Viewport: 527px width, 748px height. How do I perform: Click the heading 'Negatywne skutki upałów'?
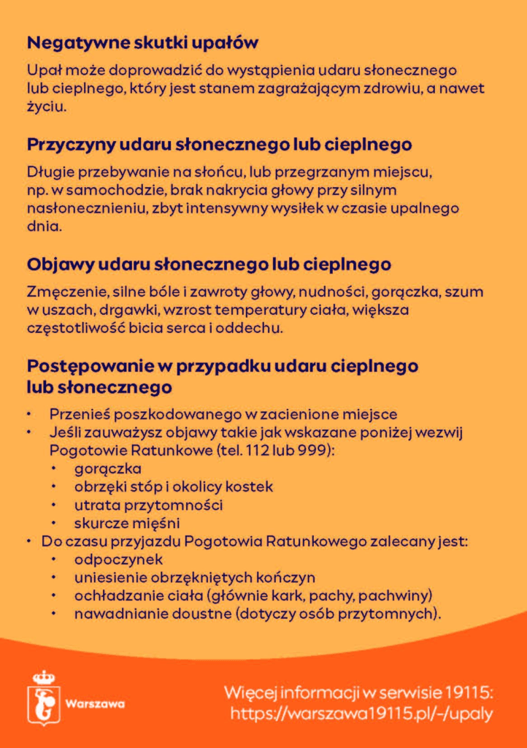143,43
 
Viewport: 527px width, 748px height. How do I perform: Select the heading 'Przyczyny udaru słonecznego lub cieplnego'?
219,144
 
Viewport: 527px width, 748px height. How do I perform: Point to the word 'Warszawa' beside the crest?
95,704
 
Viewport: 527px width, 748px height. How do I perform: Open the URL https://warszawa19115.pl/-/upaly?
361,713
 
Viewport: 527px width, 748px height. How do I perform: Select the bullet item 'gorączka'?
107,468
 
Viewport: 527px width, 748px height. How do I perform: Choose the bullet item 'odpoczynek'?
118,560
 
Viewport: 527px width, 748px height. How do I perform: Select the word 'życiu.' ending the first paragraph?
47,107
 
